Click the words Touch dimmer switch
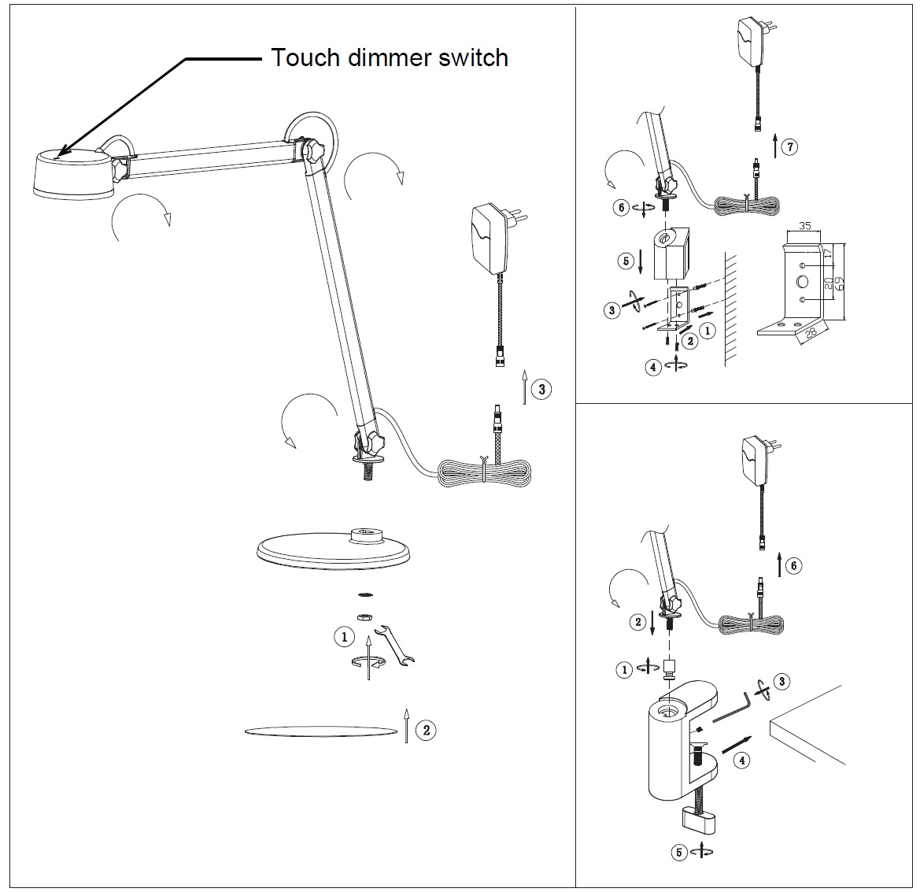(x=390, y=57)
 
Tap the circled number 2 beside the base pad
(x=426, y=730)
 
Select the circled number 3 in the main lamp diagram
(x=541, y=389)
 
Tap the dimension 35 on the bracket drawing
(x=804, y=226)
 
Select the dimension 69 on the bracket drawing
(x=841, y=282)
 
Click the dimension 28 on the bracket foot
(x=811, y=334)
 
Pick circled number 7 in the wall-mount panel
(x=790, y=146)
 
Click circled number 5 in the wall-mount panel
(x=626, y=261)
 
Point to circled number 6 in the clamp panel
(x=794, y=565)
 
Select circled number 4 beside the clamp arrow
(x=741, y=760)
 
